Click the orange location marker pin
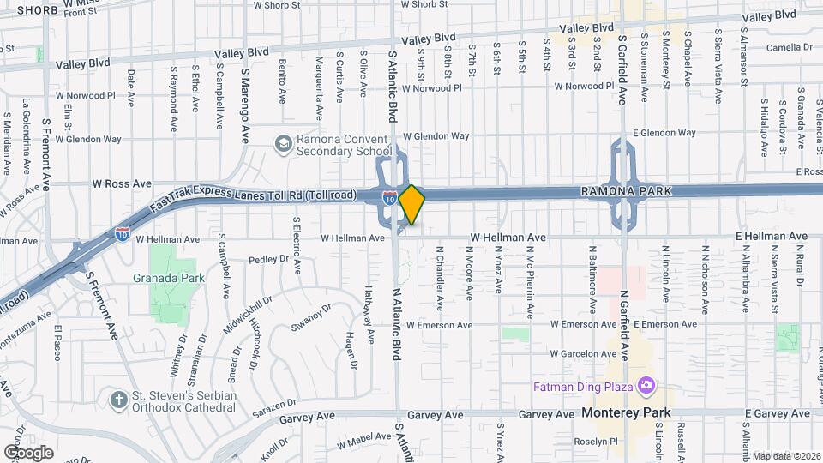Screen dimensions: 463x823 (412, 204)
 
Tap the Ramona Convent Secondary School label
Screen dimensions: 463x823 (344, 146)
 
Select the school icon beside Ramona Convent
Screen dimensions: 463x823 (282, 142)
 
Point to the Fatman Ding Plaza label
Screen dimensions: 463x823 (582, 387)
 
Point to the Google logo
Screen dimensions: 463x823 (28, 453)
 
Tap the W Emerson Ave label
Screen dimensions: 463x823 (439, 326)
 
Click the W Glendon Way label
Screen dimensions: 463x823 (436, 135)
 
